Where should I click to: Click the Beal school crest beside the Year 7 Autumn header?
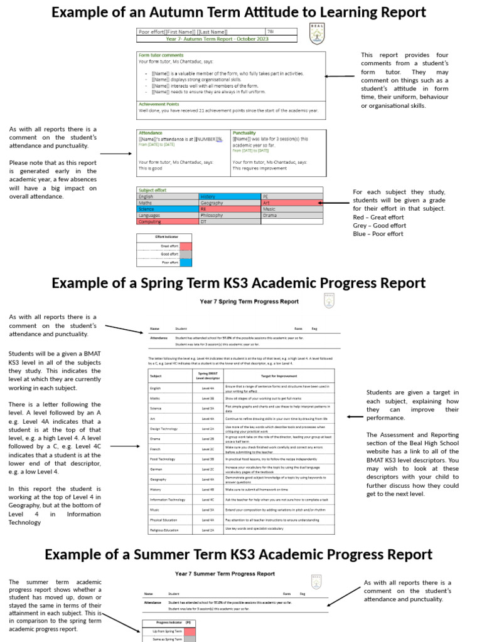[x=318, y=33]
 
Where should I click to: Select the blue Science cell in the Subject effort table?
[x=167, y=209]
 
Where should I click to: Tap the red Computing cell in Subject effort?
[x=167, y=221]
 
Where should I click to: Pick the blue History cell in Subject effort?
[x=229, y=196]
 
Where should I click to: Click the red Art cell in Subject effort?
[x=291, y=203]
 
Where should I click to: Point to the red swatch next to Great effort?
[x=186, y=246]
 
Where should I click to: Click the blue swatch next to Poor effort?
[x=186, y=263]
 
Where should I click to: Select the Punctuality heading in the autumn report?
[x=244, y=133]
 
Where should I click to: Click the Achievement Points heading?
[x=159, y=104]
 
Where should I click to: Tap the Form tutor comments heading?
[x=161, y=55]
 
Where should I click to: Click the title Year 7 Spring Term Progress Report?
[x=249, y=301]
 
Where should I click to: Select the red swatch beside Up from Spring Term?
[x=189, y=631]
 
